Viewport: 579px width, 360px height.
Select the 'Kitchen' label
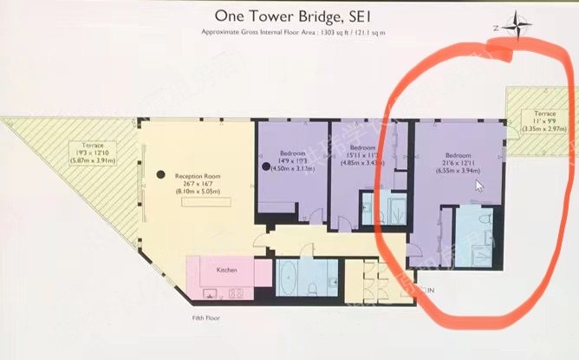[227, 271]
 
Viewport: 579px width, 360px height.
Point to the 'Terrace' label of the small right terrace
[544, 114]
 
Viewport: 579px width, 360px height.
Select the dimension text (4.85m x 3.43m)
[361, 163]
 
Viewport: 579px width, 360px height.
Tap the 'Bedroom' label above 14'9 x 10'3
[289, 153]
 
